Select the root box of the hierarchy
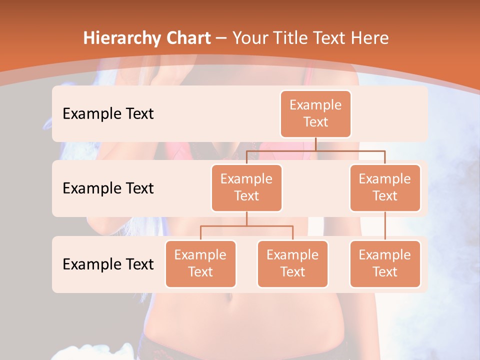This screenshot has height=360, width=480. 315,114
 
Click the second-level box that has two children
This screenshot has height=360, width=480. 246,188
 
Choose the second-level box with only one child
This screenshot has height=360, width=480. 385,188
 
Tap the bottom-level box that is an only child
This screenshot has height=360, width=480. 385,264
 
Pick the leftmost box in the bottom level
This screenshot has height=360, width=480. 200,264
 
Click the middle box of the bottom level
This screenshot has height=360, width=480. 292,264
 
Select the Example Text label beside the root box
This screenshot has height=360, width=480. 108,114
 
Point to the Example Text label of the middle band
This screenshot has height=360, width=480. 108,188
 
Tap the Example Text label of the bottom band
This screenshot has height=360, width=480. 108,264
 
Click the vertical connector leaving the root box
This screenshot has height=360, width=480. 315,144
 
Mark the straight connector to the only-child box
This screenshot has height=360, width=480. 385,226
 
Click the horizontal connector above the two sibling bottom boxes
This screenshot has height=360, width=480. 246,226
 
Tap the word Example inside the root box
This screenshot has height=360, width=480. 315,105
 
